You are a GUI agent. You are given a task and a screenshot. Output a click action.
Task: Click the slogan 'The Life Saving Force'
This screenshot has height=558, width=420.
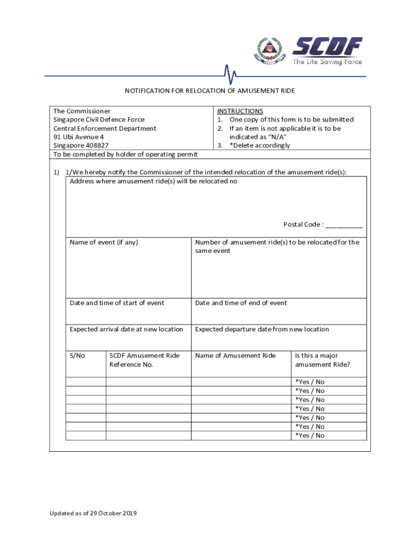coord(327,62)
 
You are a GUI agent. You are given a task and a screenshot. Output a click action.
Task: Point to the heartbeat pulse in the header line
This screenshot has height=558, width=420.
coord(230,75)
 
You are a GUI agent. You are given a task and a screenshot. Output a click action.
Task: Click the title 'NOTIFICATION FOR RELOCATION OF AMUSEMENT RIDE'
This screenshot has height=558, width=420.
coord(210,90)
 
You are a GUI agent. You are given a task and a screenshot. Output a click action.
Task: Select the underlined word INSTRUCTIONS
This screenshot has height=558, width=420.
coord(240,111)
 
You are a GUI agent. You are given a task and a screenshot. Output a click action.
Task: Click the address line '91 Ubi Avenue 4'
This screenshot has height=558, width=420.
coord(79,137)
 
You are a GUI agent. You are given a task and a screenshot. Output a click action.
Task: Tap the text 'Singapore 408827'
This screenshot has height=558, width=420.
coord(81,145)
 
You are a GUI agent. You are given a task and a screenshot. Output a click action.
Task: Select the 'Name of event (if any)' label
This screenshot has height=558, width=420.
coord(104,242)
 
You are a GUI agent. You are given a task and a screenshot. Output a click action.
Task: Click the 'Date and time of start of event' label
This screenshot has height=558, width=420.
coord(117,303)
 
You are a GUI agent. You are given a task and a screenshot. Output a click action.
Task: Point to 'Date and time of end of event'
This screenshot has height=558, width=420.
coord(241,303)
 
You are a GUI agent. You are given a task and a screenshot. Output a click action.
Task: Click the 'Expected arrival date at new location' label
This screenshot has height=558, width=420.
coord(127,329)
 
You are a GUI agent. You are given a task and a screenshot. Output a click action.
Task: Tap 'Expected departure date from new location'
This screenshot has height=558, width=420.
coord(262,329)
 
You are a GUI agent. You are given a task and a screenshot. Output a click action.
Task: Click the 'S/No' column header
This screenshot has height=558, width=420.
coord(77,356)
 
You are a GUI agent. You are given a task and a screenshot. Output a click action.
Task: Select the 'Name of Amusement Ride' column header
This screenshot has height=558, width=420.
coord(236,356)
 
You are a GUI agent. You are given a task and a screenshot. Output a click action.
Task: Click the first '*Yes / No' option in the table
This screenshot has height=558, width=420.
coord(310,382)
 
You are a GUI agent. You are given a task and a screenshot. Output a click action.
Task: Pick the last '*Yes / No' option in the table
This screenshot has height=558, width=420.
coord(310,435)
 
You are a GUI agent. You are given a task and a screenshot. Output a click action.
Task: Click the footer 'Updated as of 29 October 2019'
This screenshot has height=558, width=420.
coord(93,513)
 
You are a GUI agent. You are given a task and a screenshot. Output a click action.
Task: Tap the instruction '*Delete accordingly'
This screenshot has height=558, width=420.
coord(260,145)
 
